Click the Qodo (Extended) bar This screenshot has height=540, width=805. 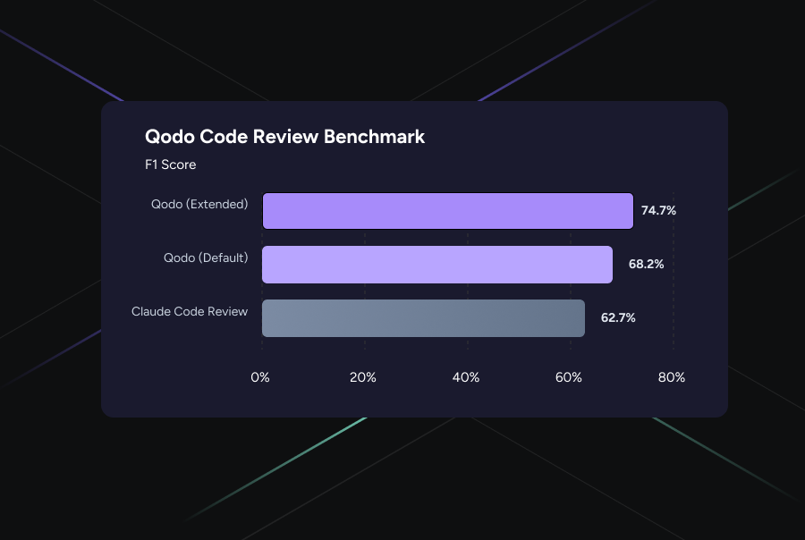pos(447,211)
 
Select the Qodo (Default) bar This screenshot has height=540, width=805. pos(436,265)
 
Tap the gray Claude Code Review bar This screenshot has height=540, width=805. pos(423,318)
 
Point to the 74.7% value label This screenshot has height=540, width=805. pos(658,211)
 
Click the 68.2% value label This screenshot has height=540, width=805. pos(646,265)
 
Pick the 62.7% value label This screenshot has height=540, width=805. pos(618,318)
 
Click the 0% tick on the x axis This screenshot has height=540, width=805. pos(260,377)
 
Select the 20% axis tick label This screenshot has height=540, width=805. pos(363,377)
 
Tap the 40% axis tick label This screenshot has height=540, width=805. pos(466,377)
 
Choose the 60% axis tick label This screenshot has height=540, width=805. pos(569,377)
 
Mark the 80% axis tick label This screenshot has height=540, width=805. pos(672,377)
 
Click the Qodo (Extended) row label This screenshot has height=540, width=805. pos(199,205)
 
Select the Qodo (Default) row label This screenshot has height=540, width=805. pos(205,257)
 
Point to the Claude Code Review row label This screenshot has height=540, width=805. pos(190,311)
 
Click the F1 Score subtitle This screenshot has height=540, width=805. pos(170,165)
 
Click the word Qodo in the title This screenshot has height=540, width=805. pos(170,138)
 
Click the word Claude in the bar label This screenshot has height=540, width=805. pos(152,311)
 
